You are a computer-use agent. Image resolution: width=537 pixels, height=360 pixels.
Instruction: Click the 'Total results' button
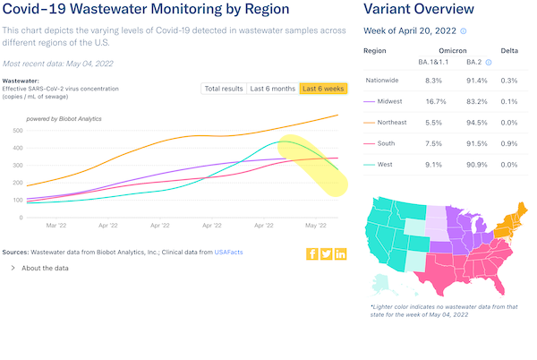coord(224,88)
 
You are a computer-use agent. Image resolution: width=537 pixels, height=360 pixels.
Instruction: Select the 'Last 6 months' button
coord(272,88)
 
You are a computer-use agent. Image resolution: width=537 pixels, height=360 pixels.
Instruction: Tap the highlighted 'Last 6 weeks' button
coord(323,88)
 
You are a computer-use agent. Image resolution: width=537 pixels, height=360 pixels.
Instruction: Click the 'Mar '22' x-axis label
coord(56,227)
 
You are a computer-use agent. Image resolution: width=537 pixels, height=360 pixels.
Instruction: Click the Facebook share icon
coord(312,253)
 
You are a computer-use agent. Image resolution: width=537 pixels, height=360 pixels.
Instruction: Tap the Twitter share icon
coord(327,253)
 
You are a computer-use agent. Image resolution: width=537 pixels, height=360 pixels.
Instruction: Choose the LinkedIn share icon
coord(341,253)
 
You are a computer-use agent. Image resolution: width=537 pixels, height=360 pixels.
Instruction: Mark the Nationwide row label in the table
coord(382,81)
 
